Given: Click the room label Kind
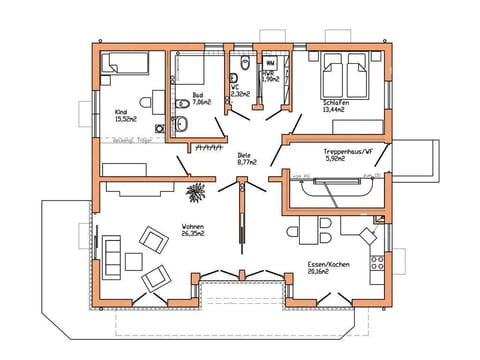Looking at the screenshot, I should [x=121, y=111].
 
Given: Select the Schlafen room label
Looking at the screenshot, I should [x=335, y=101].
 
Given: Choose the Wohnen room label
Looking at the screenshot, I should [x=193, y=227].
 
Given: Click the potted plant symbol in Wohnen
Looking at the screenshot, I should [x=196, y=188].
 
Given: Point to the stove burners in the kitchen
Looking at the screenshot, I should [x=377, y=264].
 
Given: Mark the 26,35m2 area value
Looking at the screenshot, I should [x=194, y=236].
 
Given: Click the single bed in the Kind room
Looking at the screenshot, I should [x=125, y=65].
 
